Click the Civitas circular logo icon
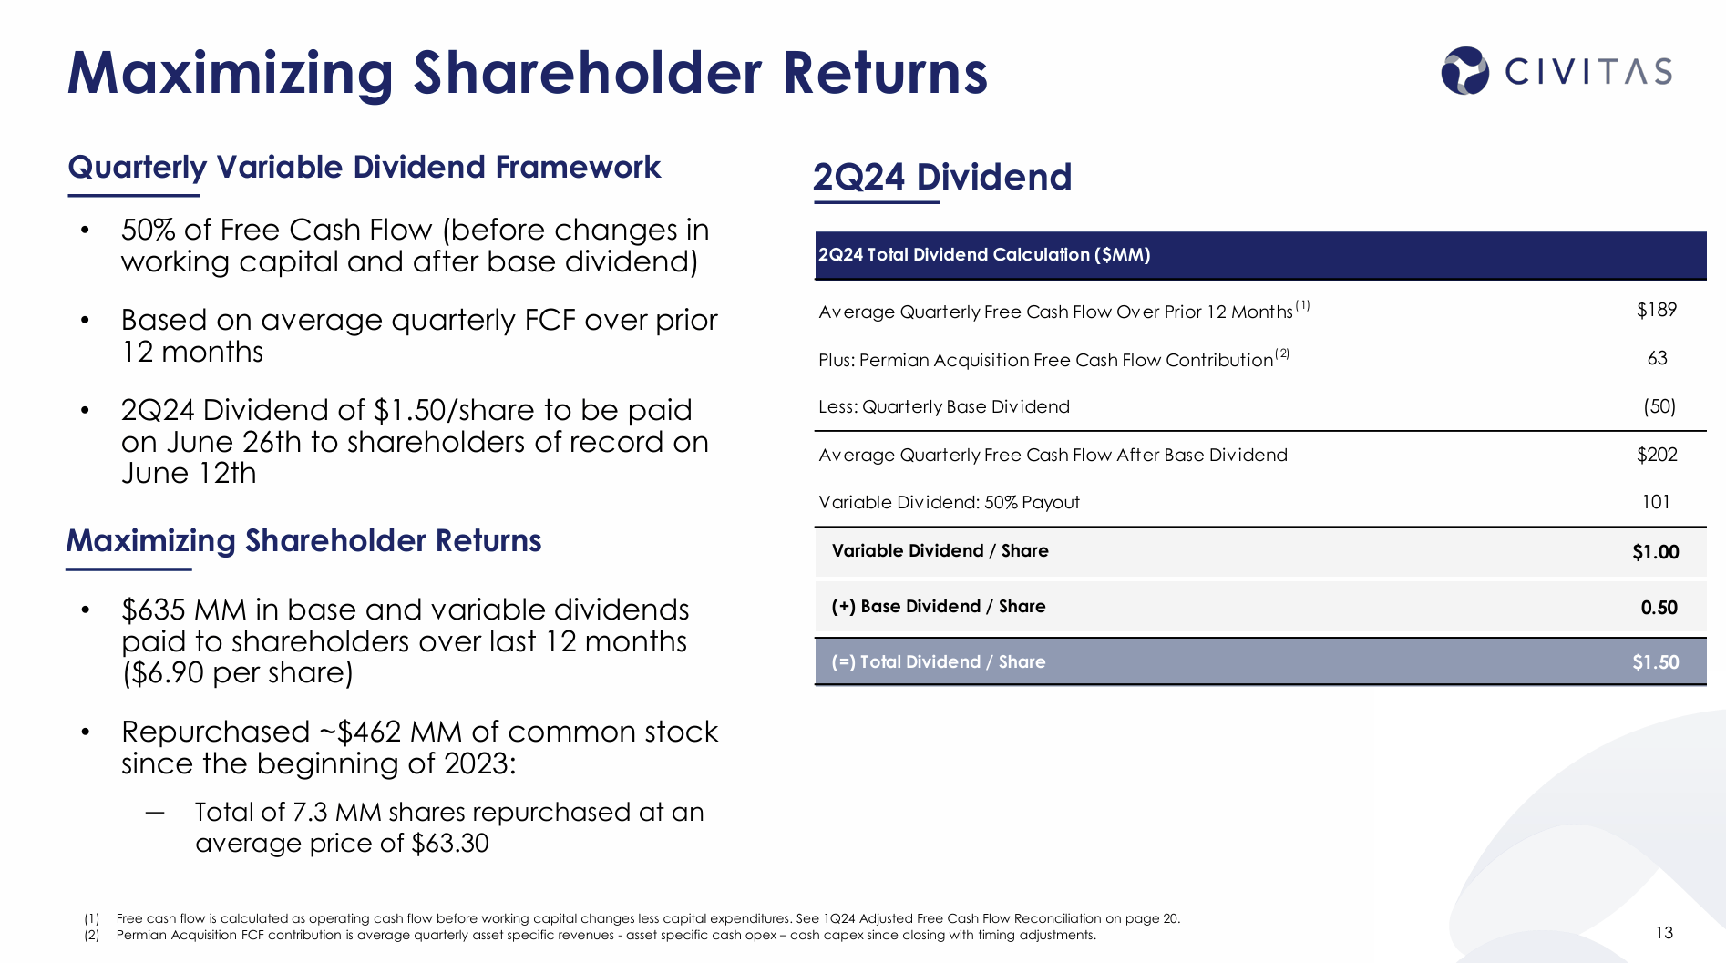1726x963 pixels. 1464,71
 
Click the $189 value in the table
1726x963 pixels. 1656,311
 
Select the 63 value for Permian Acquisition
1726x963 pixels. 1657,359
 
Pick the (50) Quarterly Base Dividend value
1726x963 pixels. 1659,406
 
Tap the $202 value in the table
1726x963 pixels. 1656,455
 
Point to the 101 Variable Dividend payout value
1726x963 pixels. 1655,502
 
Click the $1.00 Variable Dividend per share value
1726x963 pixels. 1655,552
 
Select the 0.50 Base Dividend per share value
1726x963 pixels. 1659,608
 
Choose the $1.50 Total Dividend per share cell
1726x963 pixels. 1655,662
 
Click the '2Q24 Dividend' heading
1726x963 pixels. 941,177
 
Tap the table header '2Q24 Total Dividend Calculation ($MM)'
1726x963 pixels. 983,255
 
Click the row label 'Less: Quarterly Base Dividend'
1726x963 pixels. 943,407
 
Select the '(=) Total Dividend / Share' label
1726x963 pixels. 938,662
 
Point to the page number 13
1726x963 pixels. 1664,933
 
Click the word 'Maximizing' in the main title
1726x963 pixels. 231,73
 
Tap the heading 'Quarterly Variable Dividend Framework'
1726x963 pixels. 364,168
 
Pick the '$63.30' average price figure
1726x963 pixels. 450,844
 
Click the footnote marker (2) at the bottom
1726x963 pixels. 92,935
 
